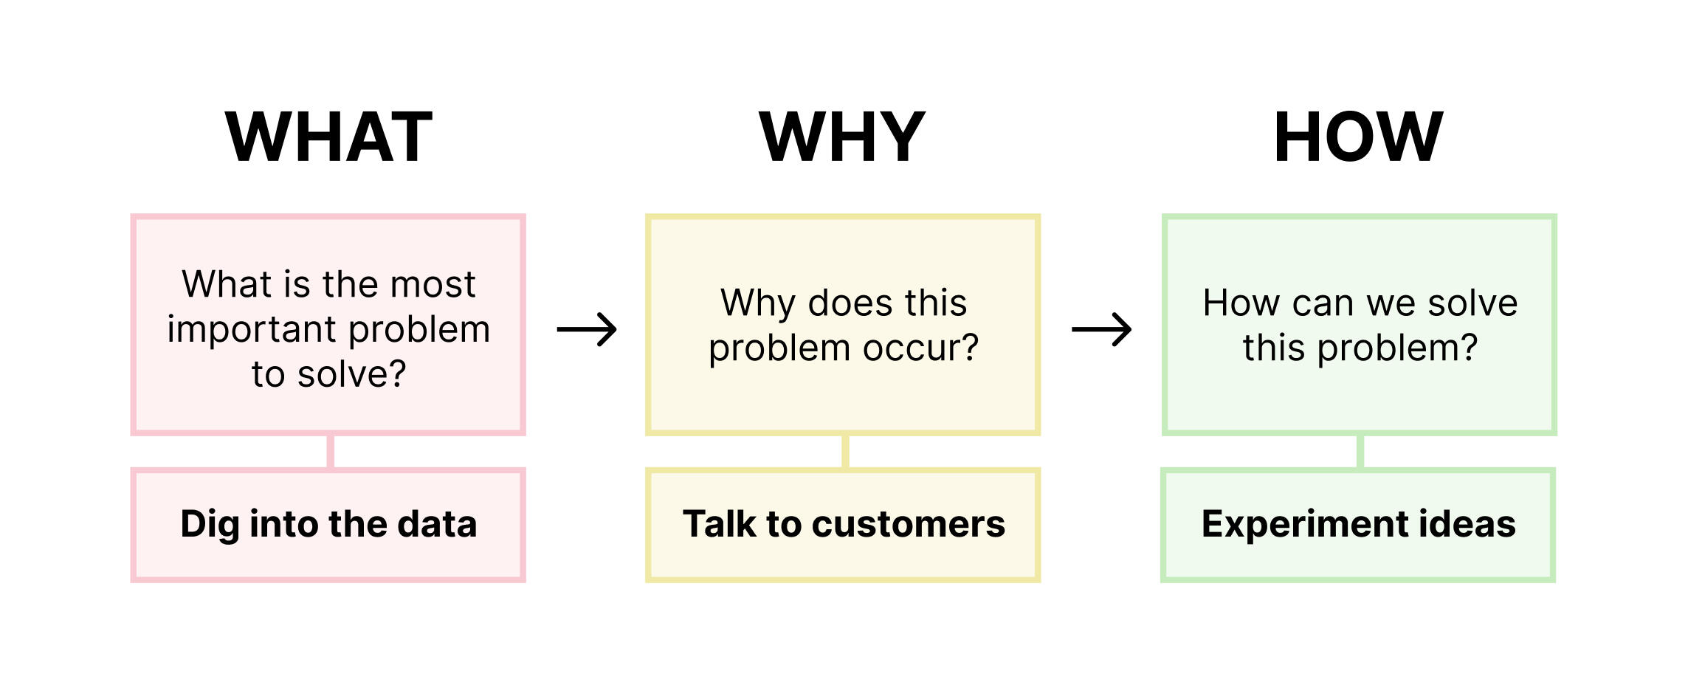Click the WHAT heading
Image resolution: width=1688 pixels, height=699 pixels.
[328, 137]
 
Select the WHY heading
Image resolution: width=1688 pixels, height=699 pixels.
[842, 137]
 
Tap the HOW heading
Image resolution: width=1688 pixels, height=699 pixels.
[1358, 137]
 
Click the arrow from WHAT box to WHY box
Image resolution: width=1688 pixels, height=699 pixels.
[587, 329]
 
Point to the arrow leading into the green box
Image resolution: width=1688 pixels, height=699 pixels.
[1101, 329]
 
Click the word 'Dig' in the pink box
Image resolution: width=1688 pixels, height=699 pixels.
[210, 525]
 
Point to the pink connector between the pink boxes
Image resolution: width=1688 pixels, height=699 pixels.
[331, 451]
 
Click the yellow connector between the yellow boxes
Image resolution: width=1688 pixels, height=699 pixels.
[845, 451]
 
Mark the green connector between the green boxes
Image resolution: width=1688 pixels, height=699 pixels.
[1360, 451]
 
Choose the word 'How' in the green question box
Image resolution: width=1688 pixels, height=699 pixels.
[1241, 303]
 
